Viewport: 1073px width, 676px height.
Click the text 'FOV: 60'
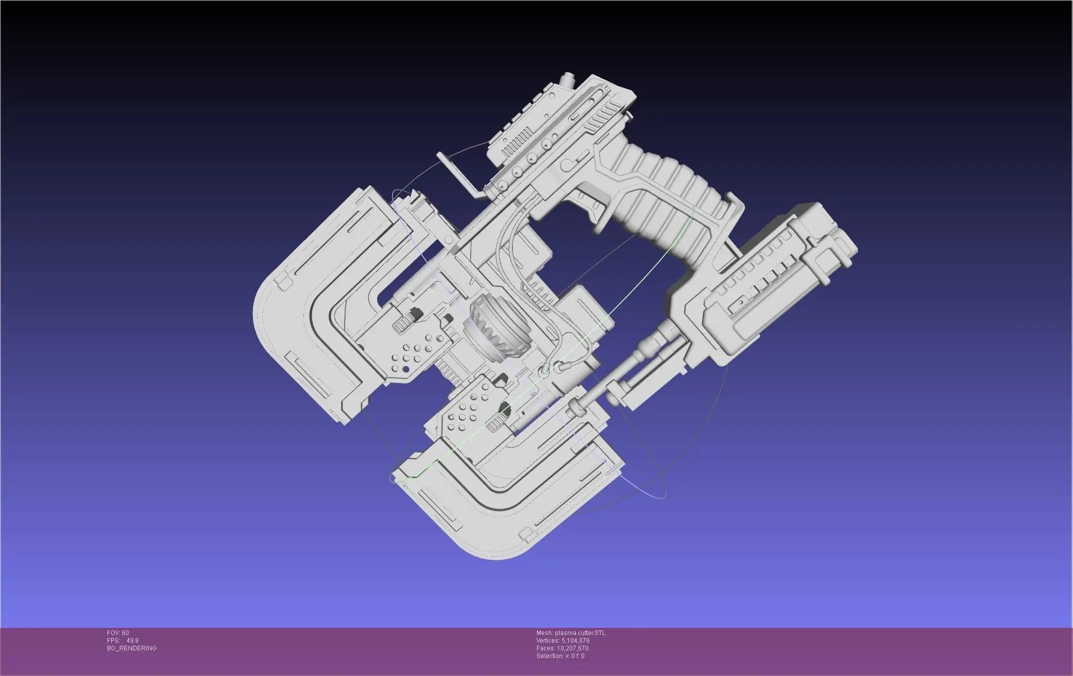pyautogui.click(x=118, y=633)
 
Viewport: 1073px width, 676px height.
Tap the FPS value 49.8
pyautogui.click(x=133, y=641)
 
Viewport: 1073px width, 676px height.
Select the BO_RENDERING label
pyautogui.click(x=132, y=648)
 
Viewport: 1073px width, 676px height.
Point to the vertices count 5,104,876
pyautogui.click(x=575, y=641)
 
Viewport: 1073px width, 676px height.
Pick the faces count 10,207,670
pyautogui.click(x=572, y=648)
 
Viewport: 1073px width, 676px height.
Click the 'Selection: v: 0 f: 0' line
pyautogui.click(x=560, y=656)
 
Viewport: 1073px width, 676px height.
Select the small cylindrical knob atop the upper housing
pyautogui.click(x=567, y=80)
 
